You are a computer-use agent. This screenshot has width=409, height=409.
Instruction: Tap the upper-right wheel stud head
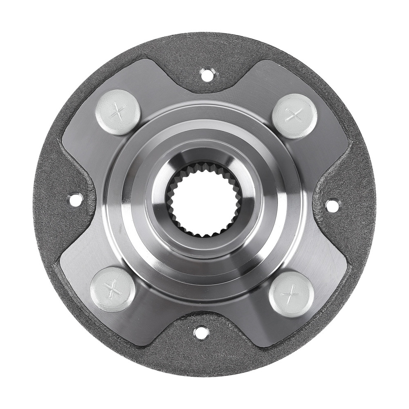294,116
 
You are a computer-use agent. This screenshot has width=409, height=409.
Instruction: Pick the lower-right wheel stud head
291,293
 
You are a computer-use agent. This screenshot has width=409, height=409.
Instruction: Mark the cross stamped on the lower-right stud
291,293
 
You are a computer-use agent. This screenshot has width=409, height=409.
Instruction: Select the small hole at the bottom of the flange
200,332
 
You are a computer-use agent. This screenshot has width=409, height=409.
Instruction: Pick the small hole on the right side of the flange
332,203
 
